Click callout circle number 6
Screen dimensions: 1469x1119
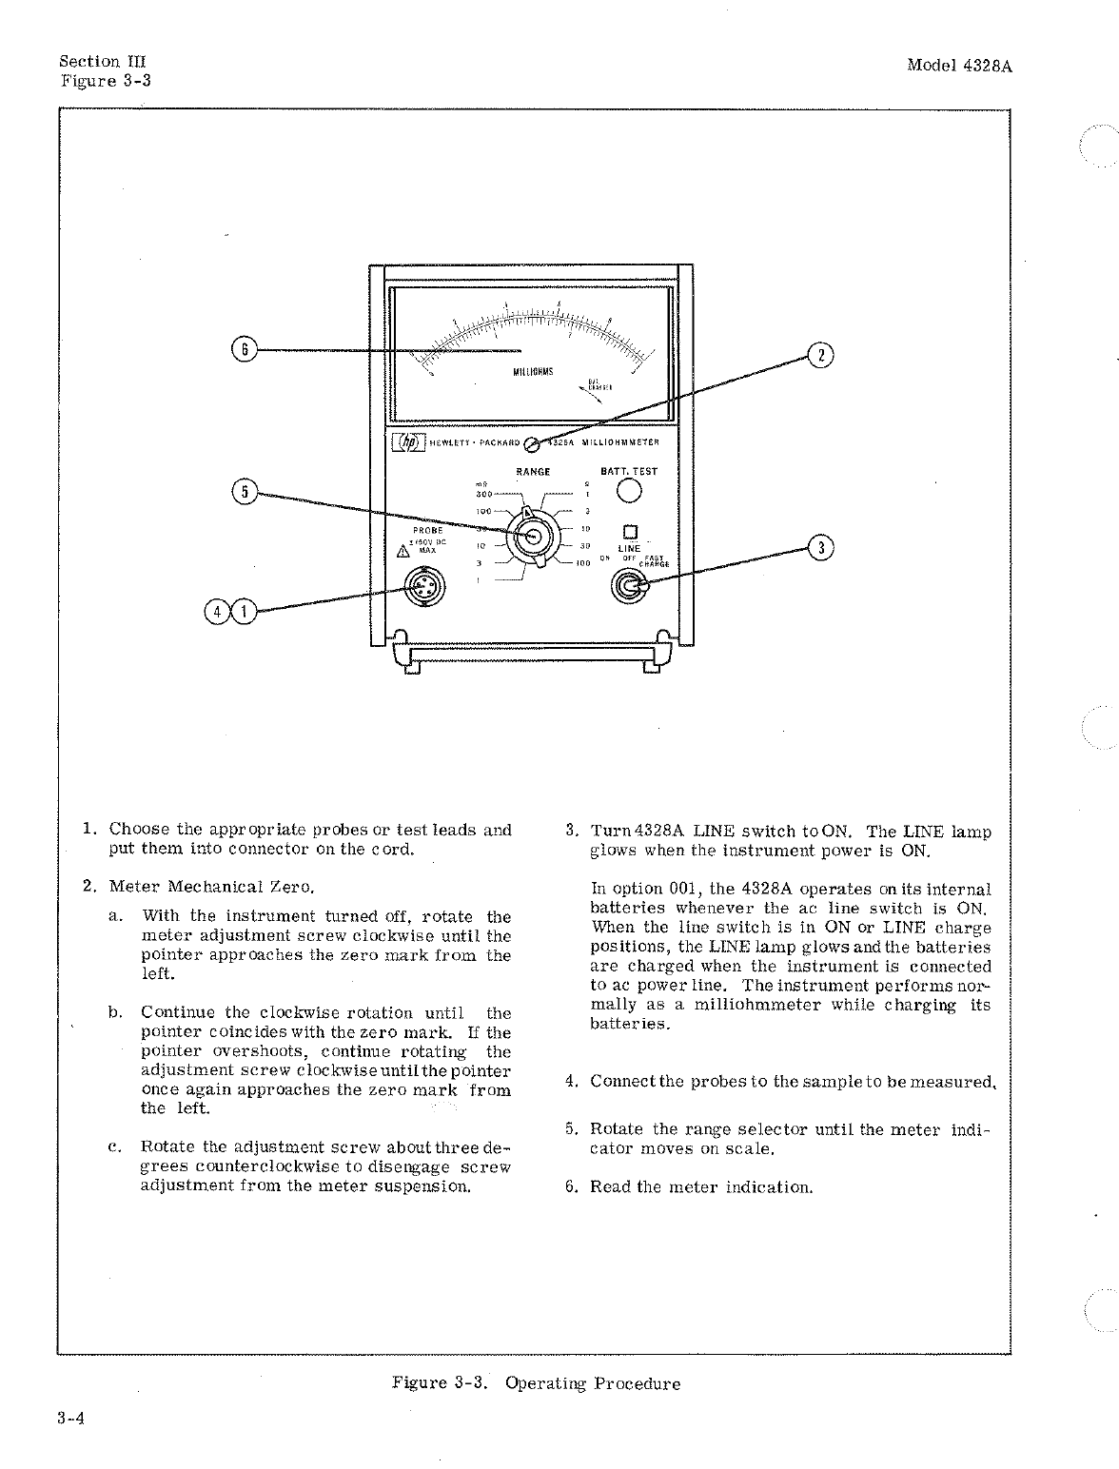coord(244,350)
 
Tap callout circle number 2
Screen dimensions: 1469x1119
coord(820,356)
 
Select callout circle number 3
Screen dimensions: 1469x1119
coord(820,548)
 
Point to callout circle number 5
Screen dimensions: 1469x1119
coord(244,492)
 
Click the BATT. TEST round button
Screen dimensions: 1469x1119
coord(629,491)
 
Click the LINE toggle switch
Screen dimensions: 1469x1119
coord(628,587)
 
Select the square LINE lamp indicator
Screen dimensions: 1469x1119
coord(629,533)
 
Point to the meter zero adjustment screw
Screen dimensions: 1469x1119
coord(532,442)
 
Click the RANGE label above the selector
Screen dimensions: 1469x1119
coord(533,472)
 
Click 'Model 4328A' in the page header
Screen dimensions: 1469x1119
coord(958,66)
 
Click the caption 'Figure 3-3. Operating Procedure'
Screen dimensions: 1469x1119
coord(536,1383)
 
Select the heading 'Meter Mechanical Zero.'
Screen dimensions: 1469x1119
coord(212,887)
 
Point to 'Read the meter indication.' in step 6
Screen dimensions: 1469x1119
coord(701,1187)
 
